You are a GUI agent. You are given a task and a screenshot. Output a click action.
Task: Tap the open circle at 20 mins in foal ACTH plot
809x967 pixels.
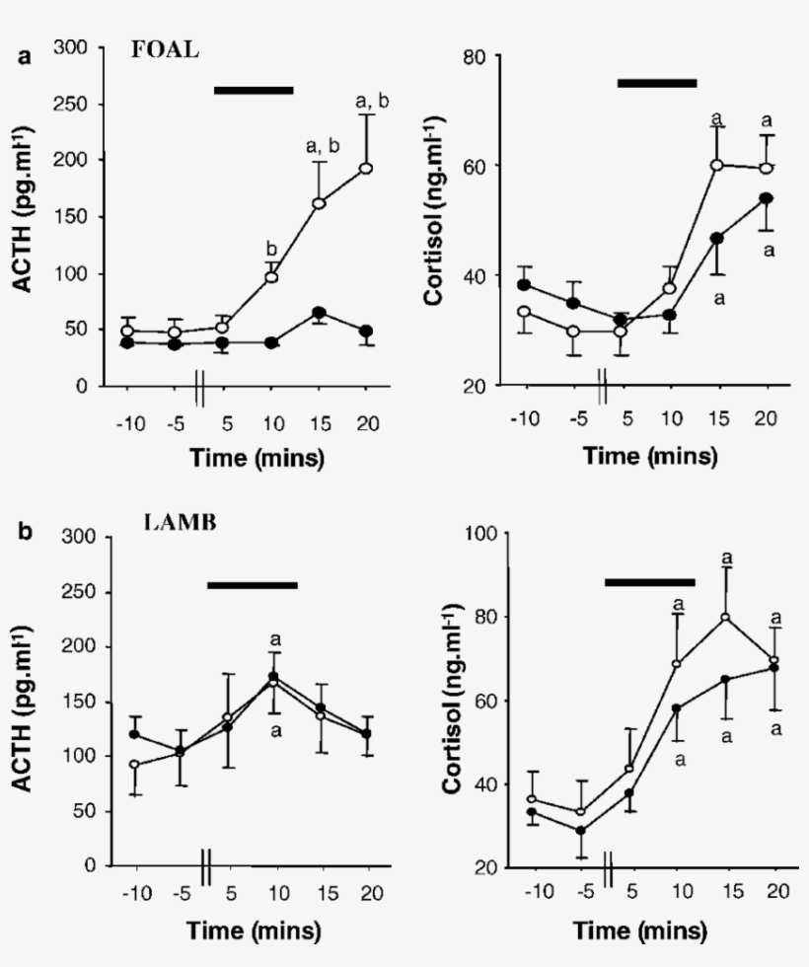point(367,168)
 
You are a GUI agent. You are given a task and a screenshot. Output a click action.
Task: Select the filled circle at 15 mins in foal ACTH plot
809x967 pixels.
point(318,313)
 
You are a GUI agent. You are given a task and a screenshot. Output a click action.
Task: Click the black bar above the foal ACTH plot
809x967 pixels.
point(254,90)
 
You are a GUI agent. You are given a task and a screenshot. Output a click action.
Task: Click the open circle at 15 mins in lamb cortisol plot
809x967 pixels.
point(725,618)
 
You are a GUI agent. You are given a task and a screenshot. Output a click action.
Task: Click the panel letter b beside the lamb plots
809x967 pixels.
point(26,533)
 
